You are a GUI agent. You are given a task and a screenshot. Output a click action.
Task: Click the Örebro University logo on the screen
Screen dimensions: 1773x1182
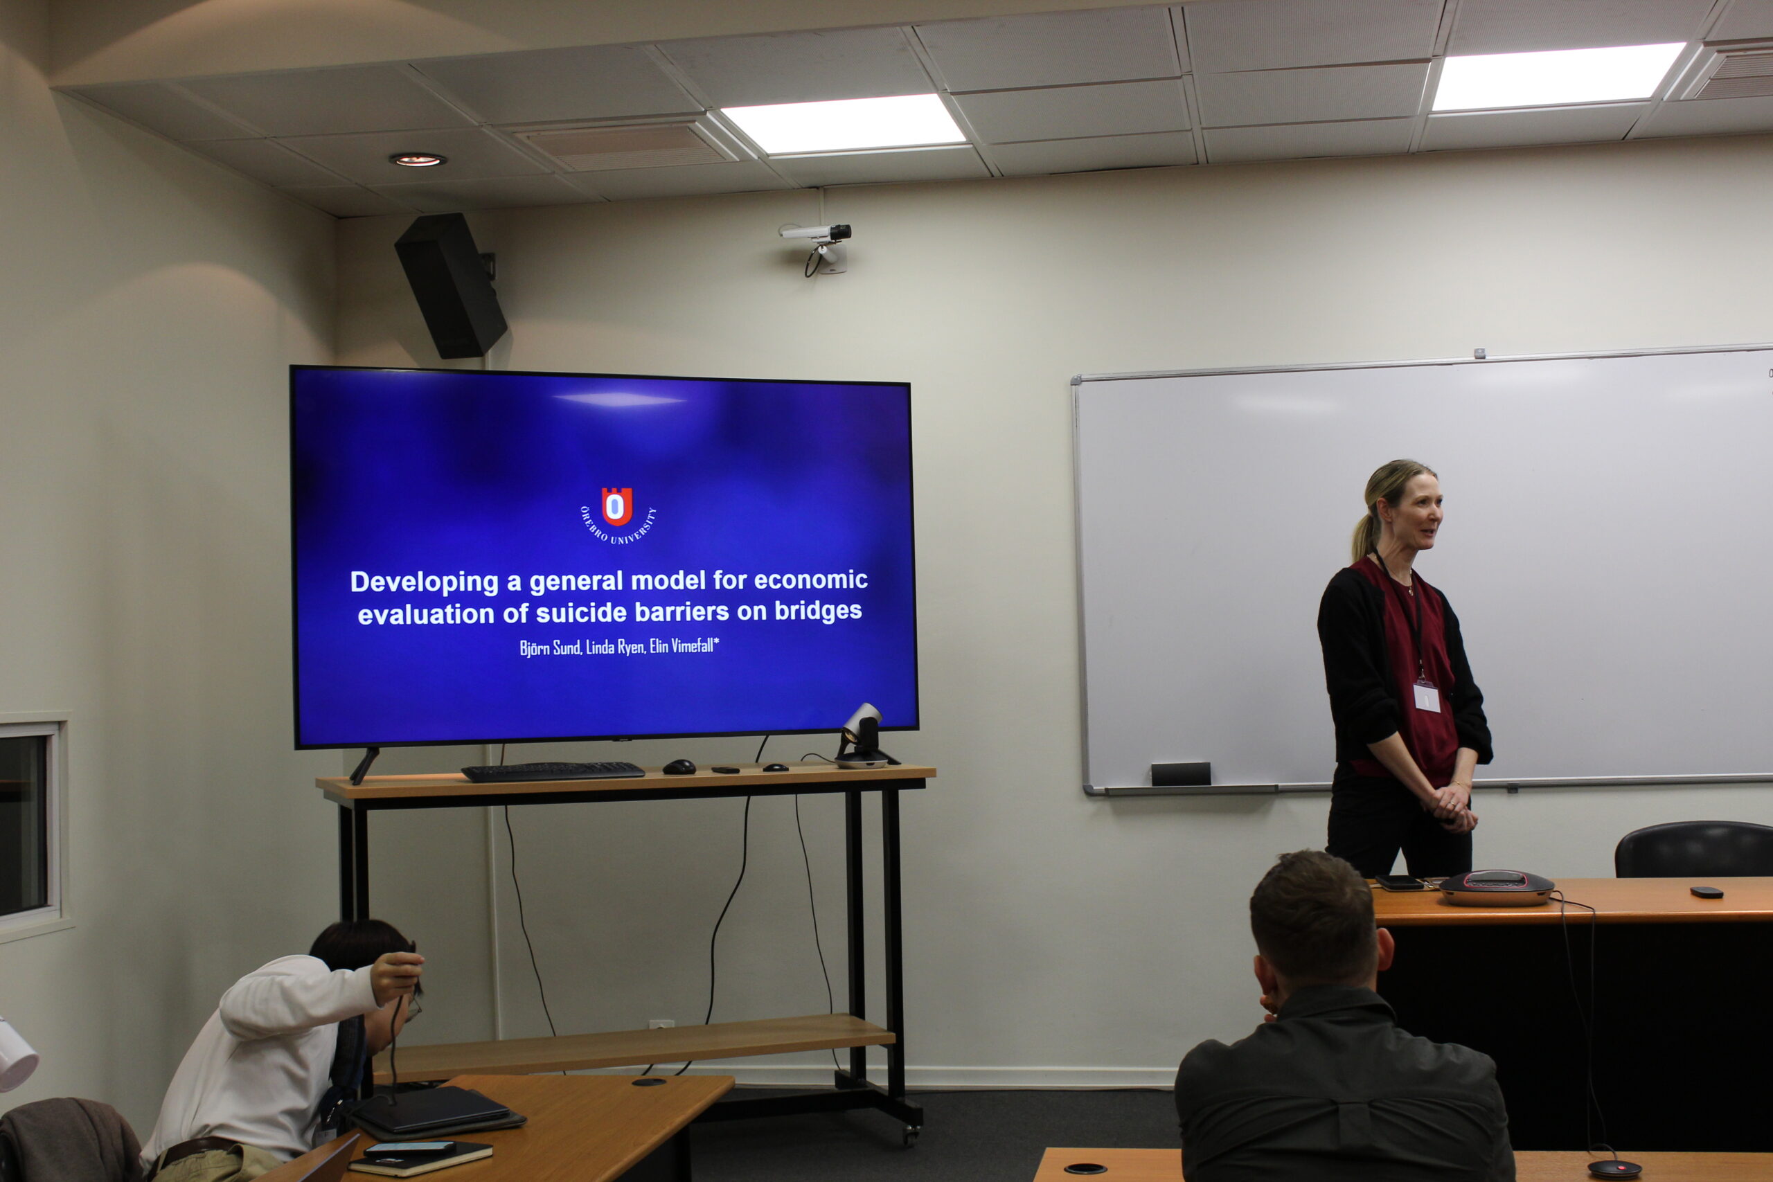[616, 515]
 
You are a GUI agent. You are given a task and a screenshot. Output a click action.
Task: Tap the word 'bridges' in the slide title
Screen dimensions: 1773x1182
[818, 611]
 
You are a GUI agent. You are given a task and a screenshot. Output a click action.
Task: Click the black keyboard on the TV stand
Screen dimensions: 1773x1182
[553, 771]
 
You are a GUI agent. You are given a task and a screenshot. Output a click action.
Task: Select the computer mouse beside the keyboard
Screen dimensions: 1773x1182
[679, 767]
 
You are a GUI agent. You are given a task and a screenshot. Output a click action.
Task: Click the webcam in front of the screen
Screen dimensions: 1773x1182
[864, 737]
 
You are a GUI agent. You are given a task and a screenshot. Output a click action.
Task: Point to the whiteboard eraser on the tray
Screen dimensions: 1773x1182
[1180, 773]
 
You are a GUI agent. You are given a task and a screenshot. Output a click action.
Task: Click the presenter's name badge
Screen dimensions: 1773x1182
[1426, 696]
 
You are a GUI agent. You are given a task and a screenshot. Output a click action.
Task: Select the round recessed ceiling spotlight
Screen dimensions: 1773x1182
[418, 160]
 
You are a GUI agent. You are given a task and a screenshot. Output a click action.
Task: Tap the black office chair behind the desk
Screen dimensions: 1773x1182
[1693, 850]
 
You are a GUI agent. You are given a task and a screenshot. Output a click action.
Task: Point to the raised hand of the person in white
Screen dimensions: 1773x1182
[397, 977]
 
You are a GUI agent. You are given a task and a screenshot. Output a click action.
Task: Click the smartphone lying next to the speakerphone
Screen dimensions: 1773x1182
[1398, 882]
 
